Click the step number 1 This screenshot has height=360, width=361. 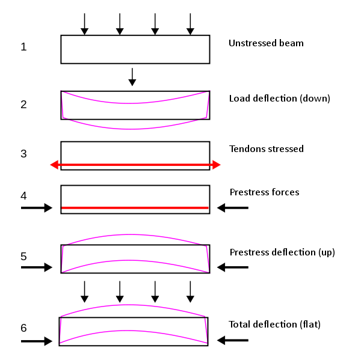[x=23, y=47]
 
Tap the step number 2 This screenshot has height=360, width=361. [x=23, y=105]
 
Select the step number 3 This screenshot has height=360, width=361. [x=23, y=153]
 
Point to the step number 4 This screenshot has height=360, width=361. [x=23, y=196]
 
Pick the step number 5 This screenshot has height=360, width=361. [x=23, y=256]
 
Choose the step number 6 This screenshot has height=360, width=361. [x=23, y=328]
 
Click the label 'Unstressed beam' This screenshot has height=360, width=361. [x=266, y=43]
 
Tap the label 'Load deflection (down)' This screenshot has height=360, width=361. [x=280, y=98]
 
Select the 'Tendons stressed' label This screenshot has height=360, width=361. [x=267, y=148]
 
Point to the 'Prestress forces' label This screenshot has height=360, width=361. [x=264, y=192]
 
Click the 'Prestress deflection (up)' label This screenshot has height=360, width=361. [x=282, y=252]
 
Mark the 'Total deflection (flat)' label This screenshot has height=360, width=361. [x=274, y=325]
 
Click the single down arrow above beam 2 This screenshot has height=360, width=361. [x=132, y=76]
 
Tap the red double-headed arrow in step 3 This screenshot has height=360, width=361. [x=135, y=165]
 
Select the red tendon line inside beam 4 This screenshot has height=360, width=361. [x=135, y=208]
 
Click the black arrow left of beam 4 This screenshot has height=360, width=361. [x=37, y=208]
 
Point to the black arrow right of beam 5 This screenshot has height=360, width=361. [x=232, y=267]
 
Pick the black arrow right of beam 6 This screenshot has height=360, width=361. [x=232, y=341]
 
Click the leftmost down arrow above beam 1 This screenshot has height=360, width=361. [x=84, y=23]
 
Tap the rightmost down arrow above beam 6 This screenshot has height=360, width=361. [x=191, y=291]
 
